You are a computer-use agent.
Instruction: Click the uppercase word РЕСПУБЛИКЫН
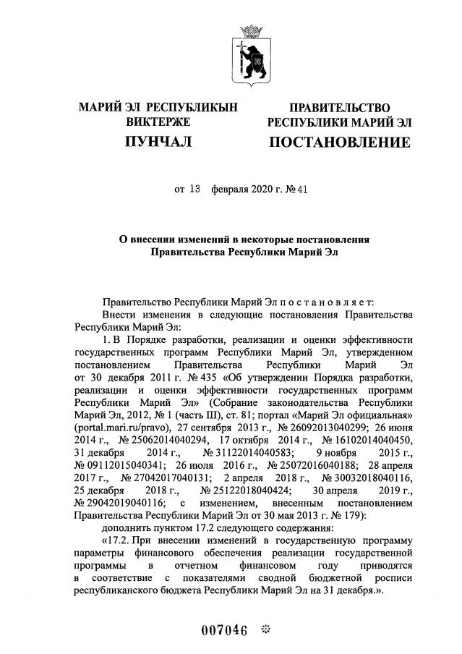click(x=197, y=108)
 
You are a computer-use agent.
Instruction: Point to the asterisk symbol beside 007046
click(x=264, y=629)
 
